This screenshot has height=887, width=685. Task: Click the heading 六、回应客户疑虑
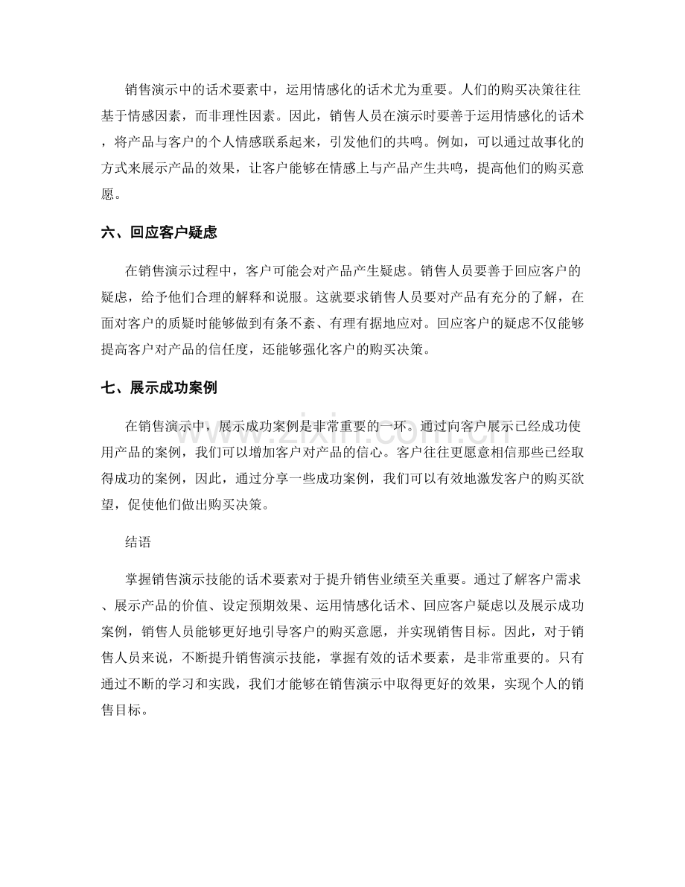pyautogui.click(x=159, y=232)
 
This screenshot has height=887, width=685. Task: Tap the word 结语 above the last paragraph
pyautogui.click(x=139, y=543)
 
